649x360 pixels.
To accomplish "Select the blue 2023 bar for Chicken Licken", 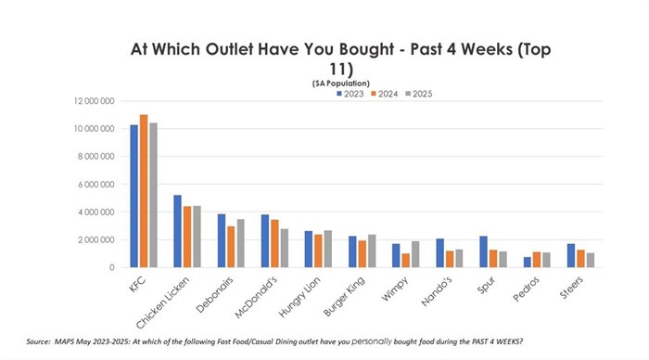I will click(x=178, y=231).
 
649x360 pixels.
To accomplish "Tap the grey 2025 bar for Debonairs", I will click(x=241, y=243).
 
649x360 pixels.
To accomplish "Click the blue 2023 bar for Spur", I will click(x=483, y=251).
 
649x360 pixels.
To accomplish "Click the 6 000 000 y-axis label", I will click(x=96, y=184).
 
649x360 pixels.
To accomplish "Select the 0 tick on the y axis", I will click(x=111, y=267).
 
